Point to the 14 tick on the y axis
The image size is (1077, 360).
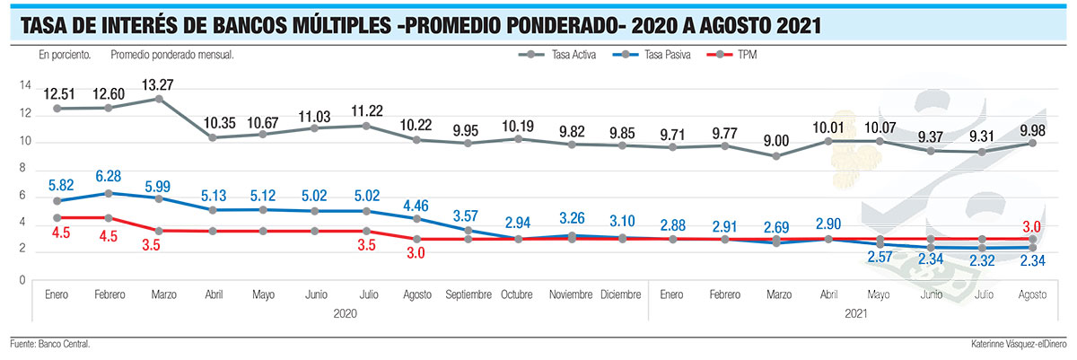click(26, 86)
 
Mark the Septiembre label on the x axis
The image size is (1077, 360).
click(468, 294)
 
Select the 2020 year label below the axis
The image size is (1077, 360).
click(346, 313)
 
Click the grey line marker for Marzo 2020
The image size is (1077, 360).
click(159, 99)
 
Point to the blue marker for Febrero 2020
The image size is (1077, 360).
click(109, 193)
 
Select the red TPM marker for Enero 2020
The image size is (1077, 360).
click(58, 218)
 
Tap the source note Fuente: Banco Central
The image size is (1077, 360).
click(50, 344)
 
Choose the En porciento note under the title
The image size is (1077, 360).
click(66, 55)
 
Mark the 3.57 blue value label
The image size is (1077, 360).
click(467, 215)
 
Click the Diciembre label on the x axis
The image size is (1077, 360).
click(621, 294)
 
